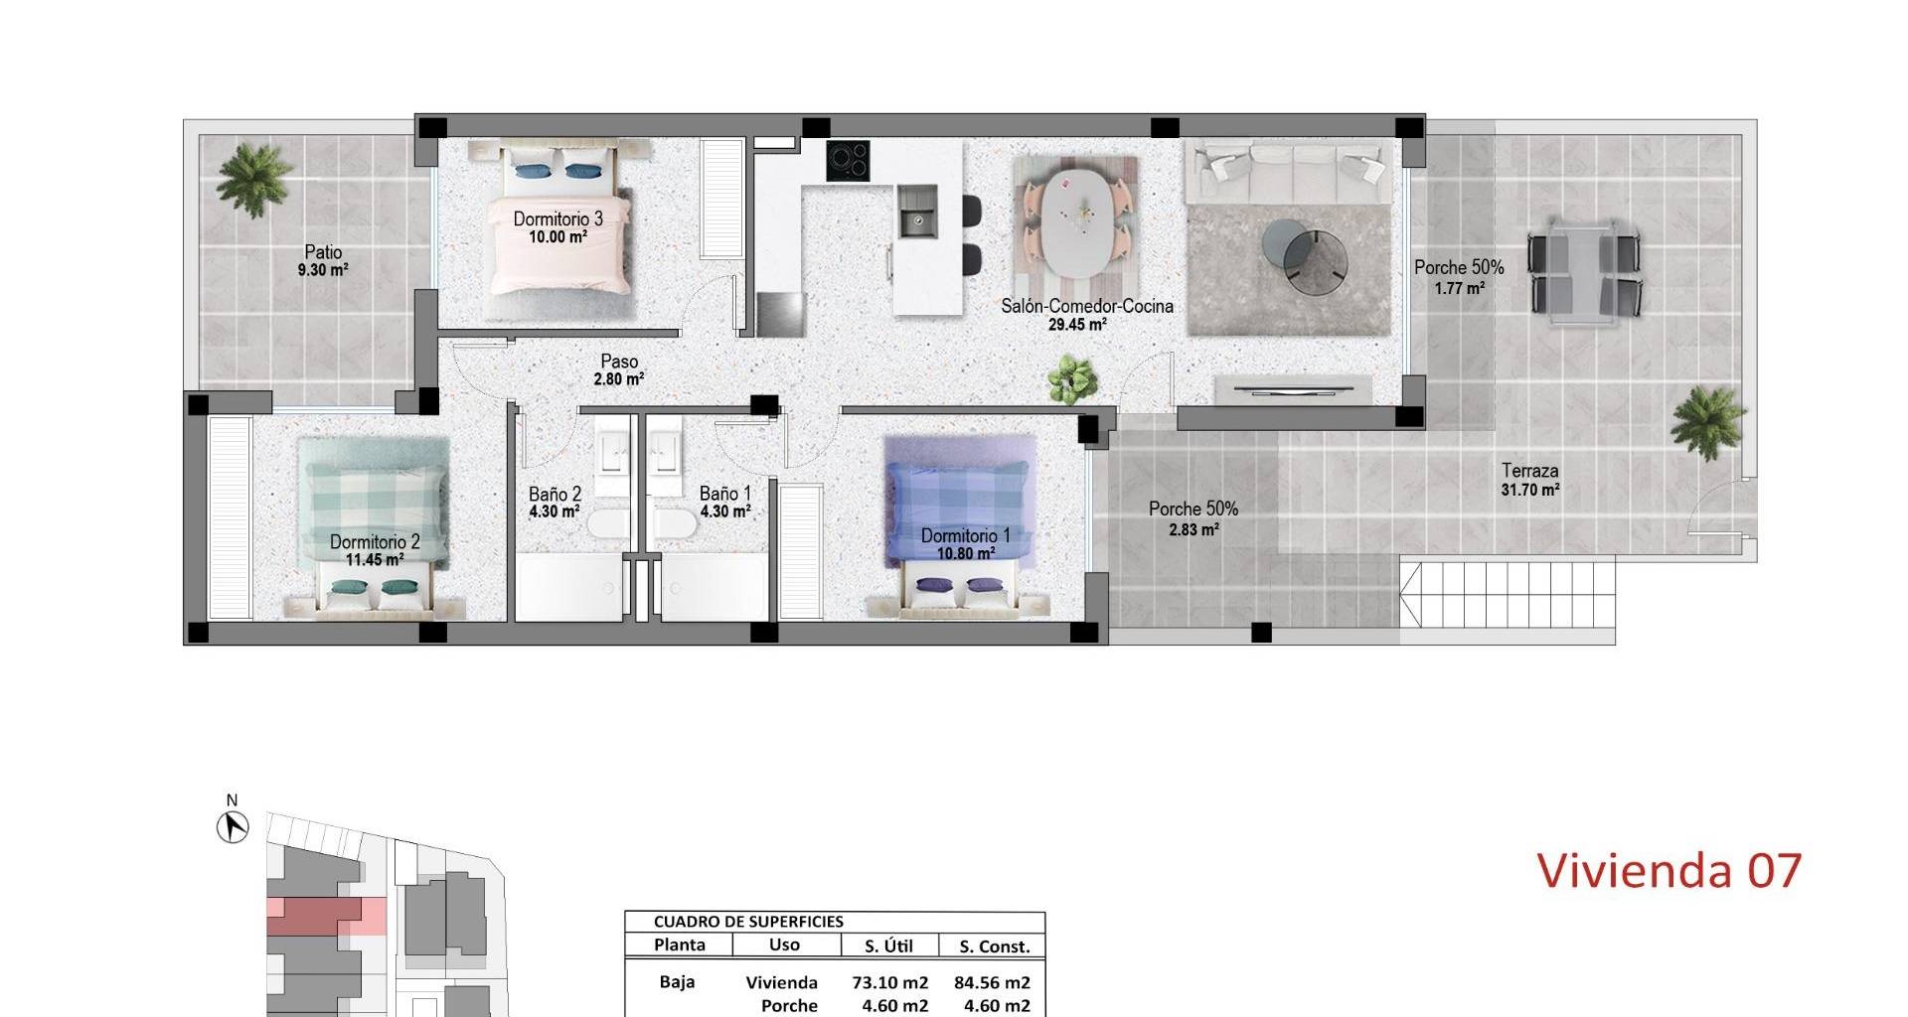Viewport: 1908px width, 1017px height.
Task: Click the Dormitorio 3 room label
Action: tap(557, 218)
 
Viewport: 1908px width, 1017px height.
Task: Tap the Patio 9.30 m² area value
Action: tap(323, 270)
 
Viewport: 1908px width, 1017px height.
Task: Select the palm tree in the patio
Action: tap(254, 179)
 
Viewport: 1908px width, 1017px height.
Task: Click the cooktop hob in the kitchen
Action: tap(848, 161)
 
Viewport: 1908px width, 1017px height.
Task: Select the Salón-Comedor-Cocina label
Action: tap(1086, 306)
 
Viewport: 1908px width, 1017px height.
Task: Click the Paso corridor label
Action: tap(619, 362)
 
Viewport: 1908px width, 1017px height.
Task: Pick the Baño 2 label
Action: tap(555, 494)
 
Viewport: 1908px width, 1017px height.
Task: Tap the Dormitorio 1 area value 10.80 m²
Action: tap(965, 554)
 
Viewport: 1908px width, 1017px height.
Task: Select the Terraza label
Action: tap(1529, 471)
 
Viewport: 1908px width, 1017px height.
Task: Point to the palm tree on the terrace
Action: tap(1706, 421)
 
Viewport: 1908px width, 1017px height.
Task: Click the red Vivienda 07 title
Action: tap(1669, 870)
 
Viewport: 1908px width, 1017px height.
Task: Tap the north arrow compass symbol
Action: tap(233, 826)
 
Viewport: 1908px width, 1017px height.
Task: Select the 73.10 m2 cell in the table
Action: tap(889, 982)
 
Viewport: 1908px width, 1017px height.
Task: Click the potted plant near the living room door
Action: tap(1072, 379)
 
